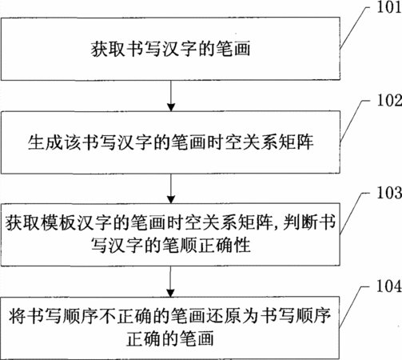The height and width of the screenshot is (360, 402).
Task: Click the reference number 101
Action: (389, 7)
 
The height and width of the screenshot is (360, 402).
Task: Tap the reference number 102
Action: (389, 101)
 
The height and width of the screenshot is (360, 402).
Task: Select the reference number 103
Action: (389, 193)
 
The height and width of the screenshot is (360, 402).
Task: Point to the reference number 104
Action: (389, 286)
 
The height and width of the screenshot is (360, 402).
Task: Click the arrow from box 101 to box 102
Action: (171, 95)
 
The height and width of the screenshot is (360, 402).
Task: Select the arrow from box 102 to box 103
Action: (171, 189)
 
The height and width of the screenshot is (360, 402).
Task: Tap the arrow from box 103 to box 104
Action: (170, 282)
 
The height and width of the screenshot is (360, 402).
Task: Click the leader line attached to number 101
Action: (353, 26)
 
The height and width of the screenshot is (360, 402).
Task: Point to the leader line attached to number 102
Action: (353, 121)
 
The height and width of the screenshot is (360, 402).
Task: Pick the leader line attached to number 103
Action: (353, 213)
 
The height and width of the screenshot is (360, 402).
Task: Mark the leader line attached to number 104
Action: (353, 306)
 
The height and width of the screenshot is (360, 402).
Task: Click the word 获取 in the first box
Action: (108, 49)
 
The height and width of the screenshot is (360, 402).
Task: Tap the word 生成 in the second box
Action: (45, 142)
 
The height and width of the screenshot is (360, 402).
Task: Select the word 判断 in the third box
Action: (301, 222)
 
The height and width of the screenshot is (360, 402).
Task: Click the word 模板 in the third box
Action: (58, 222)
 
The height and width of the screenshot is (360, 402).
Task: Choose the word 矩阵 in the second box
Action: (296, 142)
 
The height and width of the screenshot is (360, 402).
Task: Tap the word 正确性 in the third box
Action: (225, 245)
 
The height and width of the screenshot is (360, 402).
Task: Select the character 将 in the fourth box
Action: (18, 316)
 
